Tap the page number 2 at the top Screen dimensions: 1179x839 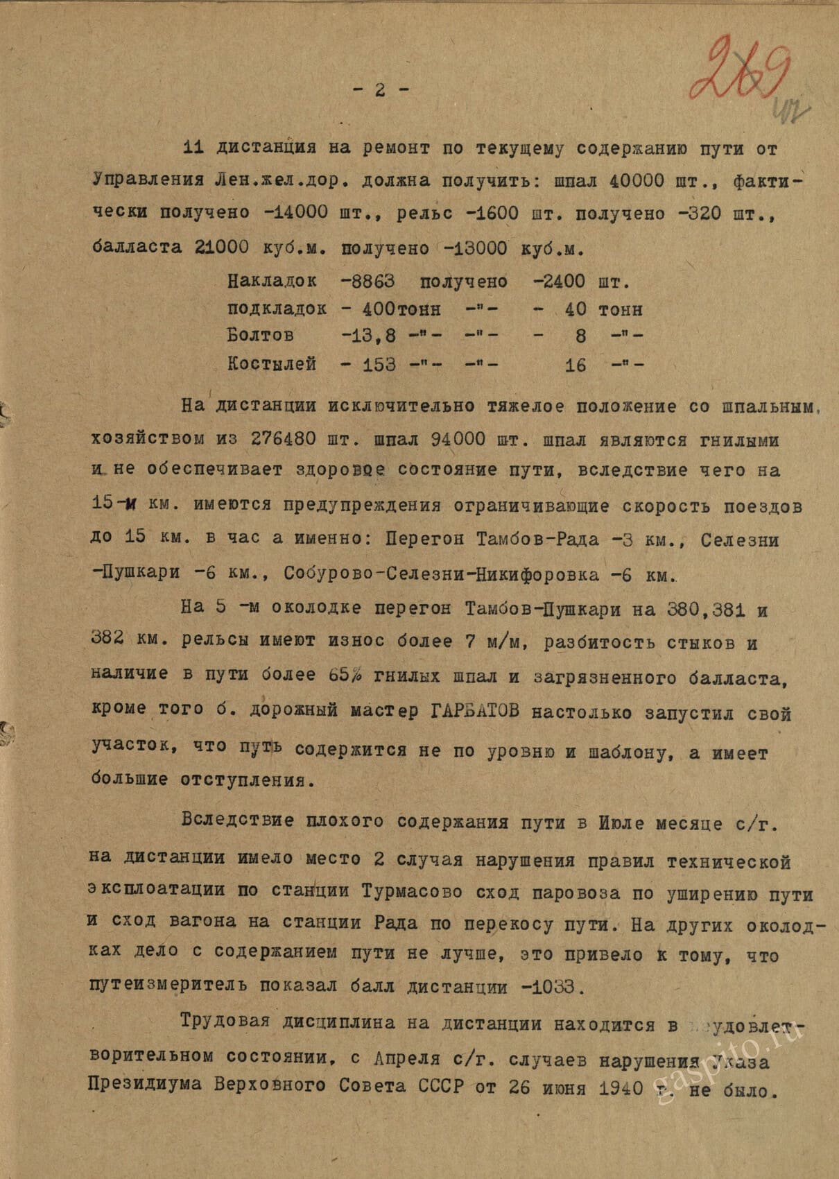(380, 89)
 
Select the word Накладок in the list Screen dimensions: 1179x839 (272, 282)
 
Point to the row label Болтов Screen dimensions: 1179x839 (260, 336)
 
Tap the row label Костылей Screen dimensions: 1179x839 (272, 363)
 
